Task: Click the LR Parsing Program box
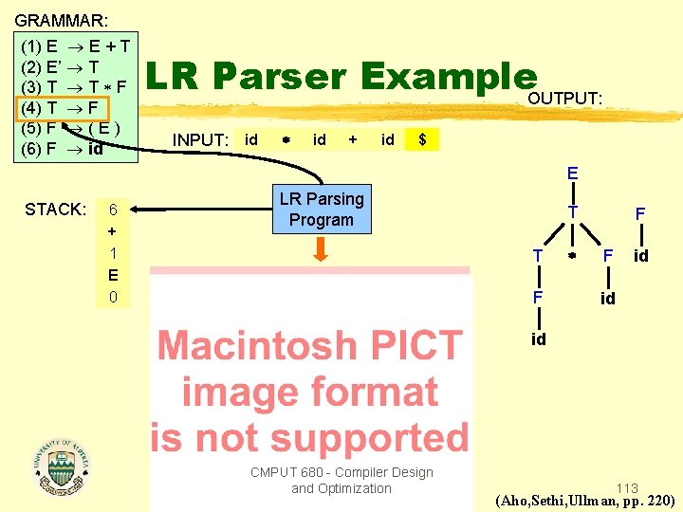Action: [x=321, y=209]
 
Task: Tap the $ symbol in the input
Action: [x=422, y=139]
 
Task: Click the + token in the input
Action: [x=353, y=139]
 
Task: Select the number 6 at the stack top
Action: [x=113, y=210]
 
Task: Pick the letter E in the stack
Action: [x=113, y=275]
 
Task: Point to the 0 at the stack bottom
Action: [x=113, y=297]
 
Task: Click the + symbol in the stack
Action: [x=113, y=231]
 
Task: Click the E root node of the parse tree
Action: [x=572, y=174]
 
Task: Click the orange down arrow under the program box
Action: [x=321, y=249]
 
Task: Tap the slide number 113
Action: [x=626, y=488]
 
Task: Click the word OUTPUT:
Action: [x=564, y=99]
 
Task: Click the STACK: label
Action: [x=56, y=210]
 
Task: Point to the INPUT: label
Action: [x=200, y=140]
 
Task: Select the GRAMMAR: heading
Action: [x=61, y=19]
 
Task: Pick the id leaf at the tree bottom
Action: [x=539, y=339]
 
